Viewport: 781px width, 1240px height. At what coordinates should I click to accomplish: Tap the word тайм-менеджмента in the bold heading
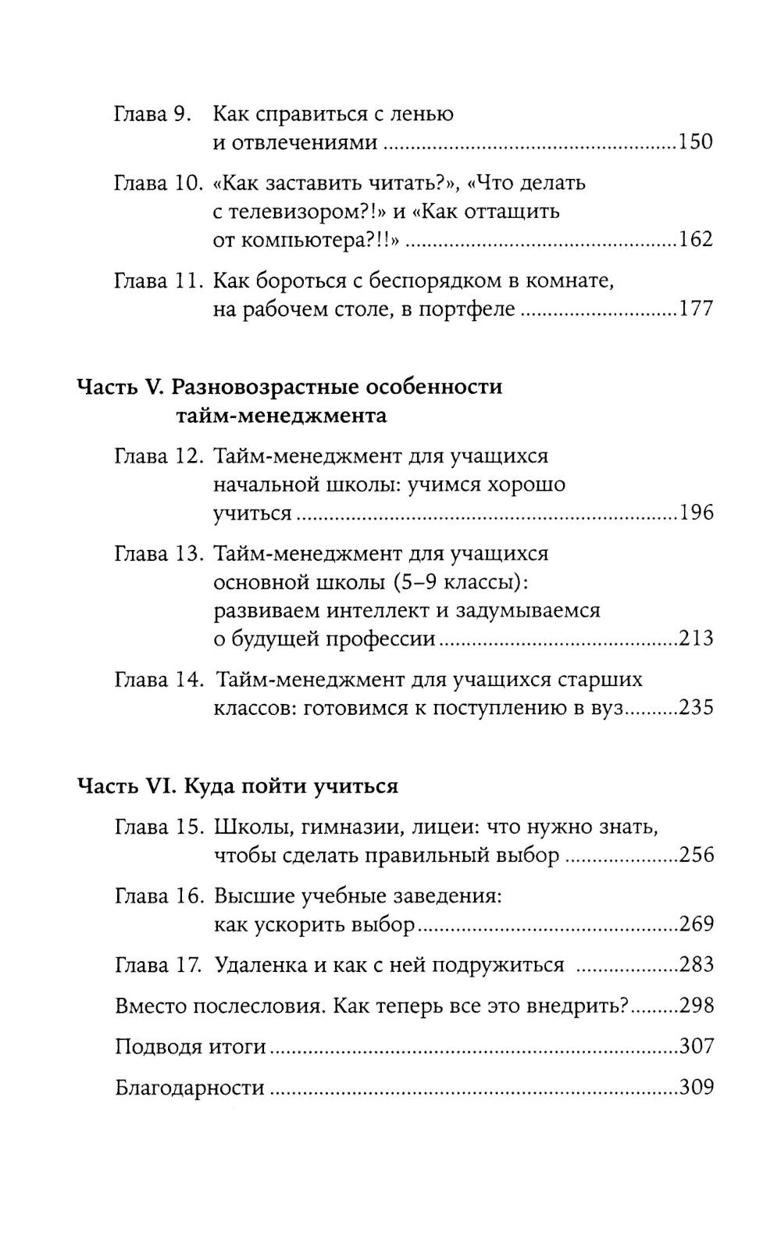[282, 415]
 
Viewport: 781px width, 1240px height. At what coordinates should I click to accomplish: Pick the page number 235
[696, 708]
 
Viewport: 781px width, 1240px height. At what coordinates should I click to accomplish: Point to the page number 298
[696, 1005]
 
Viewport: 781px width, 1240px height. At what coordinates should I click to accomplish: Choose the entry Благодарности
[189, 1087]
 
